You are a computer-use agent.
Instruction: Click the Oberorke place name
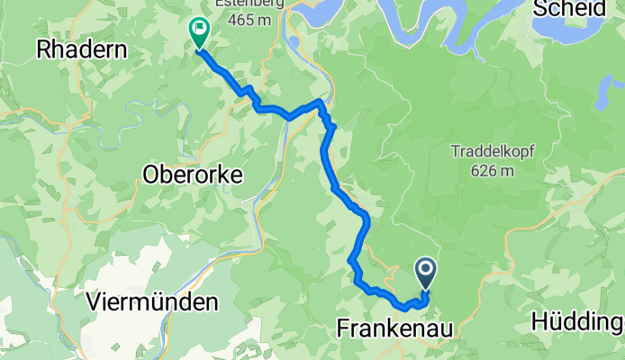193,176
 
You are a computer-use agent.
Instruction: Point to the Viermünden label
153,302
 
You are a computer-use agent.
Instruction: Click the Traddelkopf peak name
490,151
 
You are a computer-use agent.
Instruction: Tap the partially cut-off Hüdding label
577,321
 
